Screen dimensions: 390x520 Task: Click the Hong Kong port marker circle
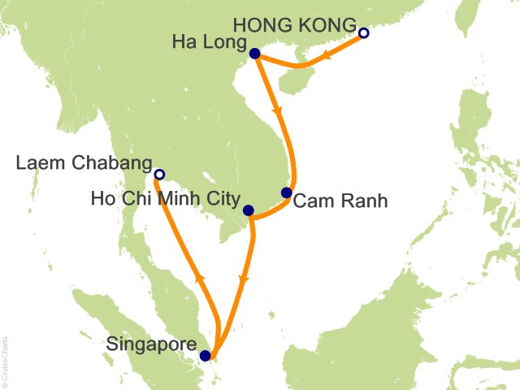click(x=363, y=33)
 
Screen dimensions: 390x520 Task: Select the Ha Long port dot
click(x=254, y=54)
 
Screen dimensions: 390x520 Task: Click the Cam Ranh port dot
click(x=286, y=193)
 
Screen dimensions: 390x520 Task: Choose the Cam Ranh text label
click(x=340, y=201)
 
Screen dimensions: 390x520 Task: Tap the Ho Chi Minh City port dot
click(x=249, y=210)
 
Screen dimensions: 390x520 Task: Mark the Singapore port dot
click(x=205, y=355)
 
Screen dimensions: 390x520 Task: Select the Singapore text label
click(x=151, y=344)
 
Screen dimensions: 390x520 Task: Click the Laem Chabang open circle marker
click(x=159, y=174)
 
